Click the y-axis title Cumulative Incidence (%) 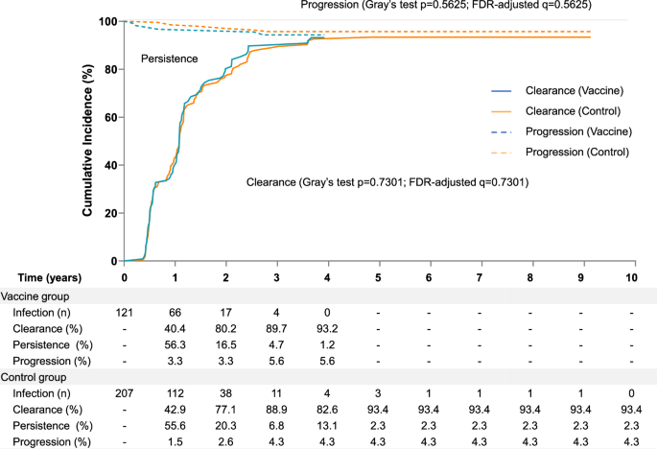point(87,141)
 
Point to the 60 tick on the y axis point(112,117)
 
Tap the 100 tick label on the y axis point(109,21)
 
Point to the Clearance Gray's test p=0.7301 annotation point(388,181)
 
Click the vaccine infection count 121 point(124,313)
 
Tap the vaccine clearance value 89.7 point(276,328)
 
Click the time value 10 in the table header point(631,277)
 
